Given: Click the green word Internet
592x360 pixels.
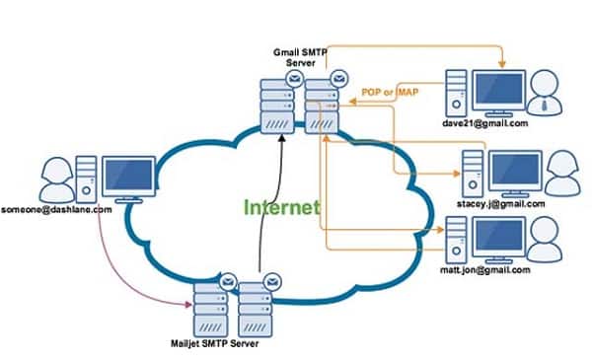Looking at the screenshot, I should (x=282, y=207).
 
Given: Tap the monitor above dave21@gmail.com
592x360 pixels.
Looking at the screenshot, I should (x=504, y=88).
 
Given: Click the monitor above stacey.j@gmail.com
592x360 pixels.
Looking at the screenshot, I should (x=516, y=169).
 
